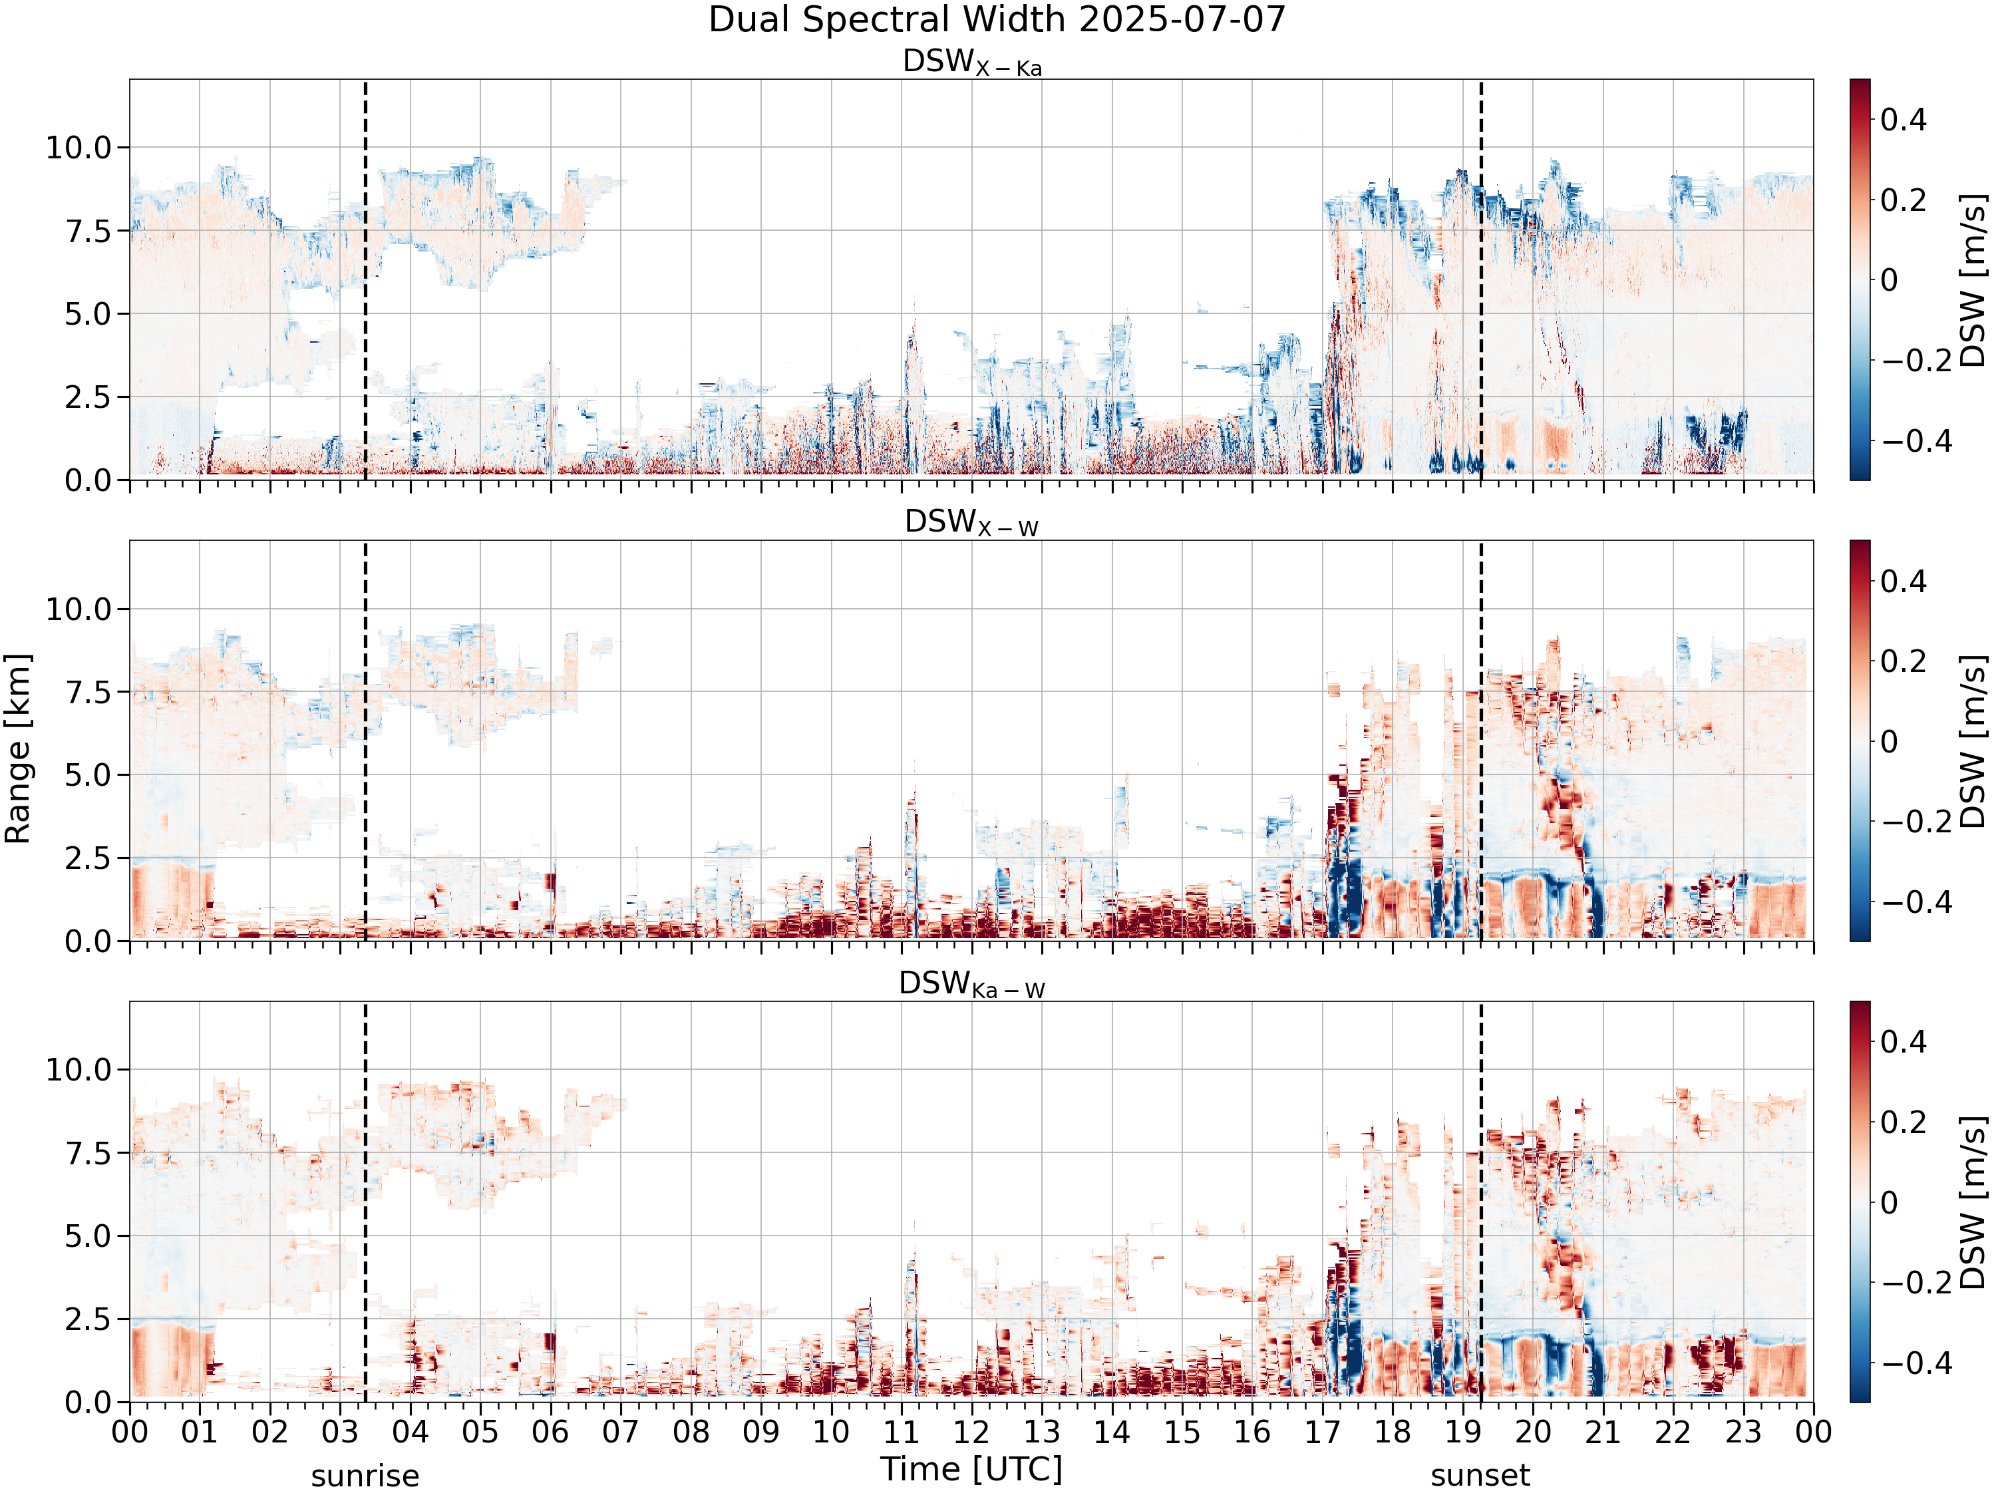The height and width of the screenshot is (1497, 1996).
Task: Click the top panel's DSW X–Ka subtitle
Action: pos(972,63)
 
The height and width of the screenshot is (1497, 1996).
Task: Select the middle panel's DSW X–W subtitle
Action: pos(972,524)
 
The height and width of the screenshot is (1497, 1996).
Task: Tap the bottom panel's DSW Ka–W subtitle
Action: pos(972,985)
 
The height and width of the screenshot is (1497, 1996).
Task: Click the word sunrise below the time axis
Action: pos(365,1476)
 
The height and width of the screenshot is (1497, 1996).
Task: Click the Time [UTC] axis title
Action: pos(972,1469)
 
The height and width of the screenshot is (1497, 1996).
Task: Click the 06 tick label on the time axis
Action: pos(550,1432)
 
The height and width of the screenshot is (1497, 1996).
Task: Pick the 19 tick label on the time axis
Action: pos(1462,1432)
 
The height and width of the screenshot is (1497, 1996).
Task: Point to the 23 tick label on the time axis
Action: pos(1743,1432)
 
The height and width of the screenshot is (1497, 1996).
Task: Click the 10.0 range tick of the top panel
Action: pos(79,147)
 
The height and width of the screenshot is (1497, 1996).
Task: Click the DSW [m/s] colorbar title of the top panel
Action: pos(1973,279)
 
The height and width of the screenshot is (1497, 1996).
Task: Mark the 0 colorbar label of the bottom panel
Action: pos(1890,1202)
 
